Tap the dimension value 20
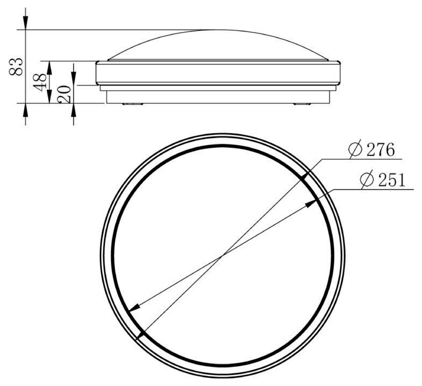64,94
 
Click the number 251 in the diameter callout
392,180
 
